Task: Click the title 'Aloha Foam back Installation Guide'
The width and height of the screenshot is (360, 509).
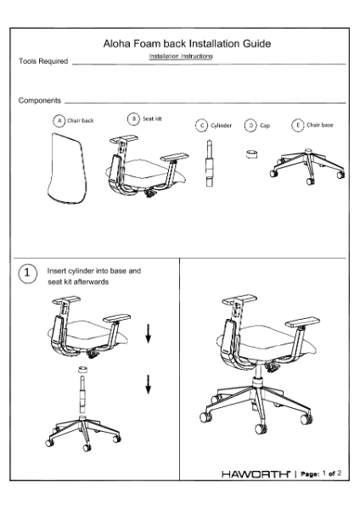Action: pyautogui.click(x=187, y=42)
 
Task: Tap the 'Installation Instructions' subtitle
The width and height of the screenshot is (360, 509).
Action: pyautogui.click(x=181, y=56)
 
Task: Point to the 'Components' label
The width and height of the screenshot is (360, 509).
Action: pyautogui.click(x=40, y=101)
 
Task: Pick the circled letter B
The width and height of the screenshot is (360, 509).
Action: pyautogui.click(x=133, y=119)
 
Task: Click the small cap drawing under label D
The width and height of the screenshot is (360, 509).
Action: pyautogui.click(x=251, y=156)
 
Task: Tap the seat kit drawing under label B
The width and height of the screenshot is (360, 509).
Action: pyautogui.click(x=146, y=169)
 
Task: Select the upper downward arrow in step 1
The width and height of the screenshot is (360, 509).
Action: pyautogui.click(x=149, y=335)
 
